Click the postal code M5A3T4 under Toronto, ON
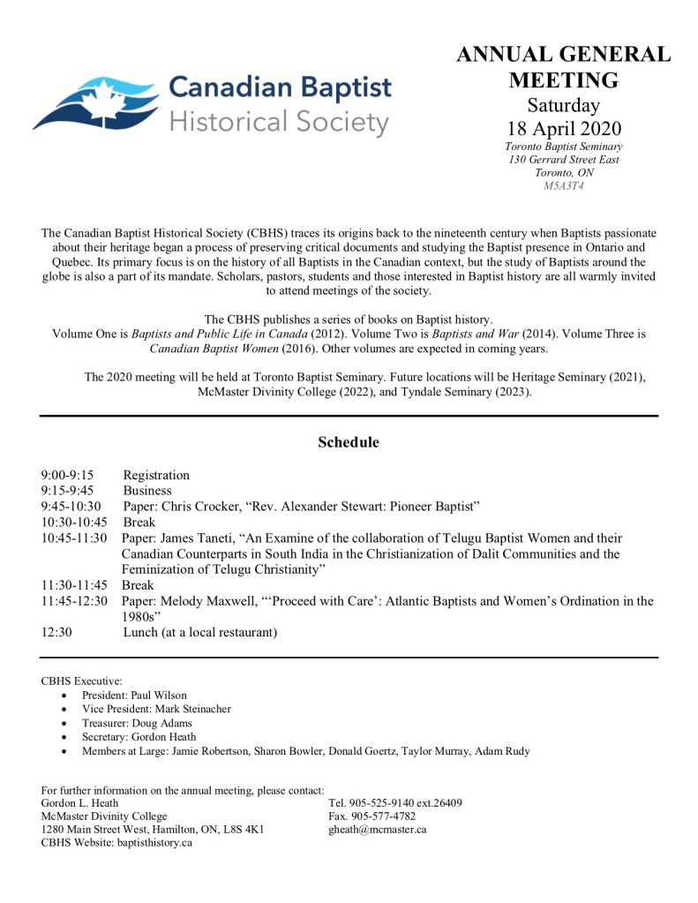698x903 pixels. pos(563,186)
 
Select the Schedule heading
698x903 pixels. pos(349,442)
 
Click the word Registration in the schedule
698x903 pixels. pos(156,475)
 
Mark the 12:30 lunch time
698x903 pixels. pos(56,632)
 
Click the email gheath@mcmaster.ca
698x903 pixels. pos(378,830)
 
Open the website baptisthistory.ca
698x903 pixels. pos(154,843)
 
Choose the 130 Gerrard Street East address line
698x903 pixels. pos(563,160)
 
